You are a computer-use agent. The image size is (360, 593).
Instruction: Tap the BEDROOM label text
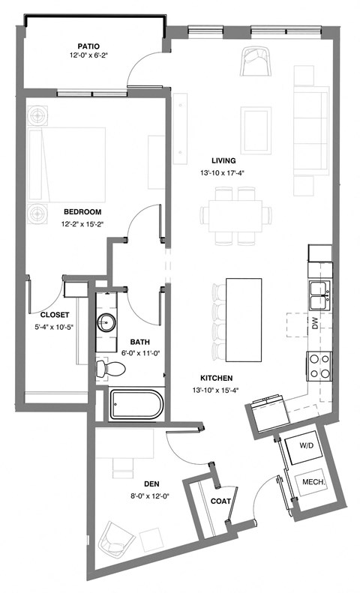tap(82, 212)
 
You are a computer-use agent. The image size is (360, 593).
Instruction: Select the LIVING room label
tap(223, 160)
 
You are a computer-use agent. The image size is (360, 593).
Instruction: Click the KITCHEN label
tap(216, 378)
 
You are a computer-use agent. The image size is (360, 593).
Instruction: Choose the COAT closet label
tap(220, 501)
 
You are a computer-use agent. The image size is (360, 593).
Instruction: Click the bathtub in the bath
tap(136, 405)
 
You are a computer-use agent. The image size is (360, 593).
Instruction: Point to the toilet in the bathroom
tap(112, 369)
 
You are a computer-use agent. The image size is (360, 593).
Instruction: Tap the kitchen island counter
tap(244, 319)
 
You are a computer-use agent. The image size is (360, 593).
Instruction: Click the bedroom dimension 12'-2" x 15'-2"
tap(82, 223)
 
